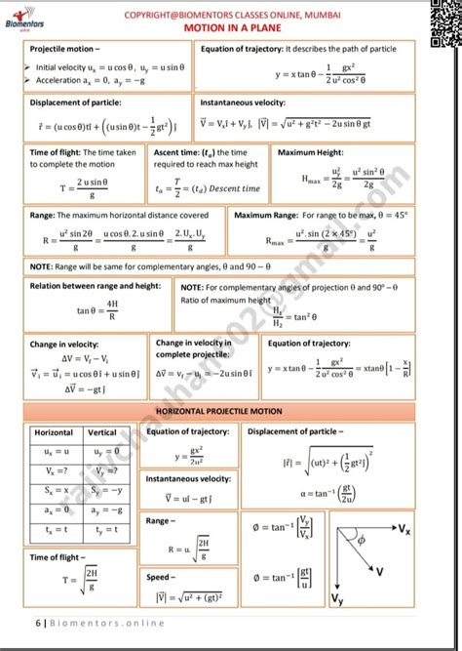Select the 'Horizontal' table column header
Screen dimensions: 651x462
[x=55, y=432]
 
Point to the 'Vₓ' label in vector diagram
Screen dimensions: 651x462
[x=430, y=528]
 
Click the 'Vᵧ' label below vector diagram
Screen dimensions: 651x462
[x=337, y=597]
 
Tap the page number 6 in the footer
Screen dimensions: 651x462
[x=37, y=623]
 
